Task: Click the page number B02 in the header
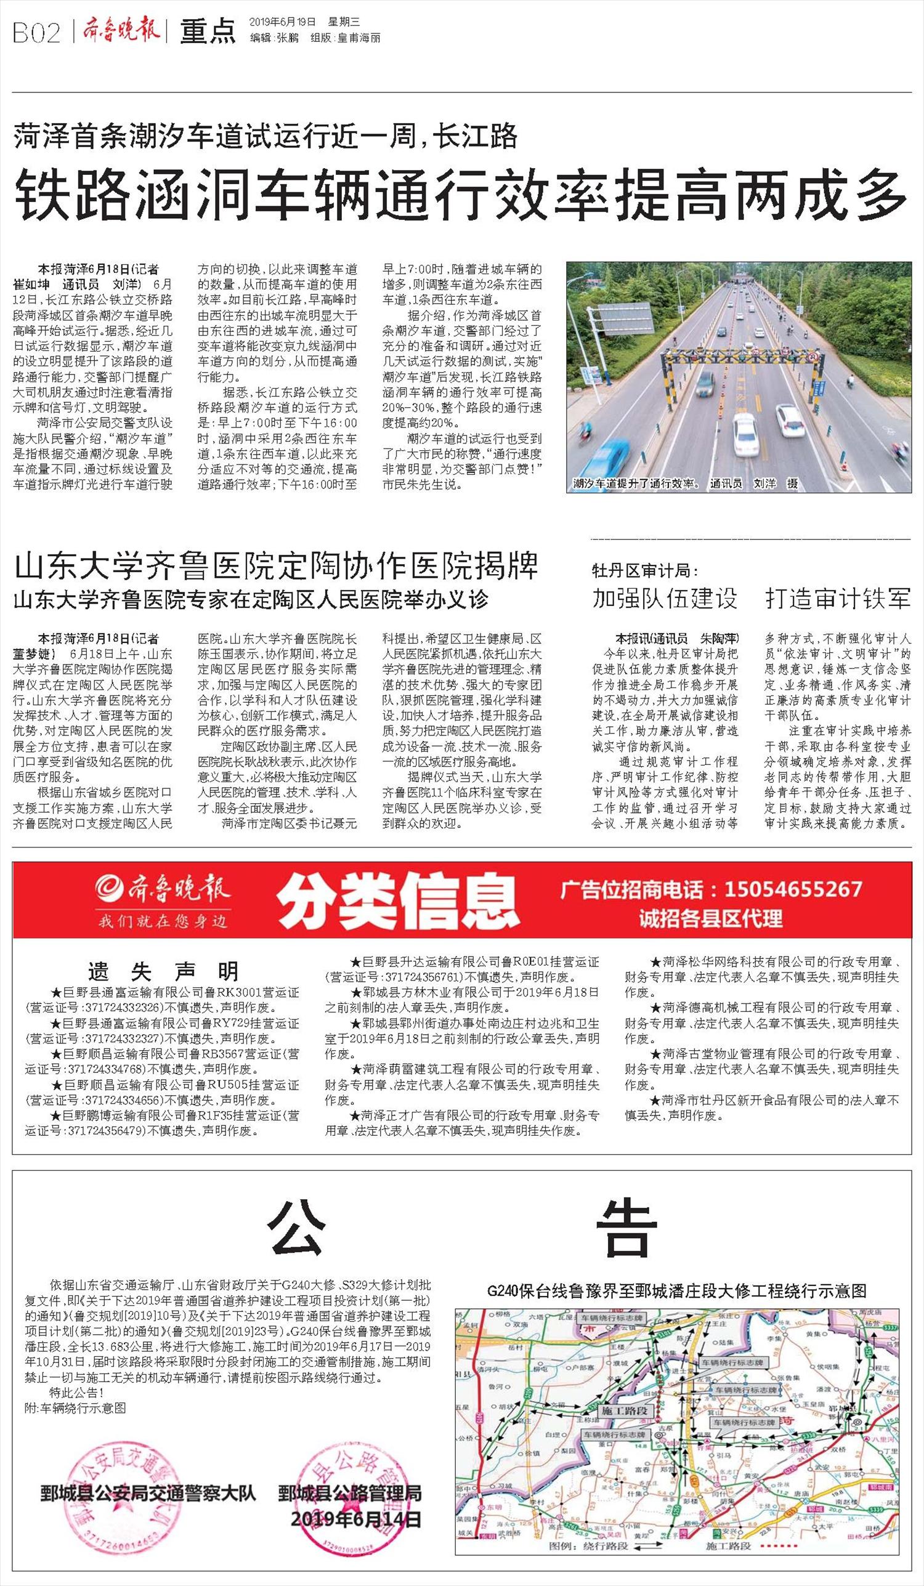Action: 36,33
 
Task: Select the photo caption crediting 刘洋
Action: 686,483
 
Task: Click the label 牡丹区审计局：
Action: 645,571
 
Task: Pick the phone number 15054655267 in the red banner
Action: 792,889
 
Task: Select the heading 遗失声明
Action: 163,973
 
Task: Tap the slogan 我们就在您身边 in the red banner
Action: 162,921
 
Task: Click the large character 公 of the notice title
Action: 296,1228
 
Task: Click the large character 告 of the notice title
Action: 623,1228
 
